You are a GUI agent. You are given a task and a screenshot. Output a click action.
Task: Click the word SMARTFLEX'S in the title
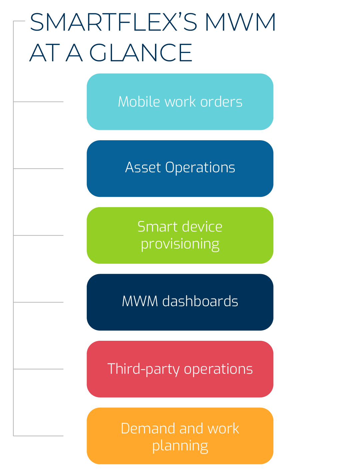point(113,23)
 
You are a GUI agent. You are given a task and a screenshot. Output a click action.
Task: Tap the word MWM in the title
point(240,23)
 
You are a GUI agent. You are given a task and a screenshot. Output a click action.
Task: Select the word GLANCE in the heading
point(141,53)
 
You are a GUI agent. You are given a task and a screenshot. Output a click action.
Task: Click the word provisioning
point(180,244)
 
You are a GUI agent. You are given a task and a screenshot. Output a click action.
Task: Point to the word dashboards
point(200,301)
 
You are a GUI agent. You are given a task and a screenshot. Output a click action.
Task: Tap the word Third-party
point(143,369)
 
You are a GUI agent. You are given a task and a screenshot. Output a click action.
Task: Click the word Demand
point(142,428)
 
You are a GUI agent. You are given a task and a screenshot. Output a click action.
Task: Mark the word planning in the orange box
point(180,446)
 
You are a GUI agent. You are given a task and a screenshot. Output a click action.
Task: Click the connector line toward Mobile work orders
point(38,102)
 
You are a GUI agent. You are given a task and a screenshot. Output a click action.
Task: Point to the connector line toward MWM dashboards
point(38,302)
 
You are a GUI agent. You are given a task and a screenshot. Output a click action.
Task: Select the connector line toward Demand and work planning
point(38,436)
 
